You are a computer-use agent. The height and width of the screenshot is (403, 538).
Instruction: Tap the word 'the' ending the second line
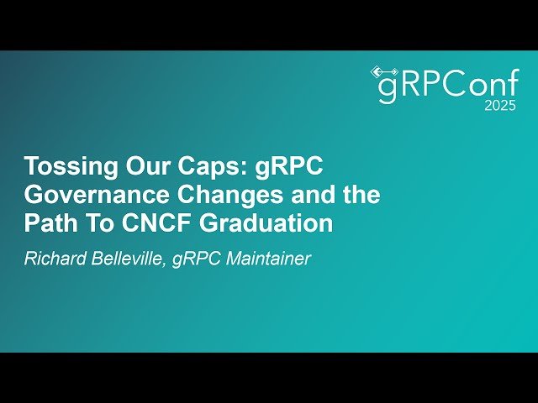[x=358, y=196]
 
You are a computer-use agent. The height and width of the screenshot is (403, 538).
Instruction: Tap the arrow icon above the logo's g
[x=384, y=71]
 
